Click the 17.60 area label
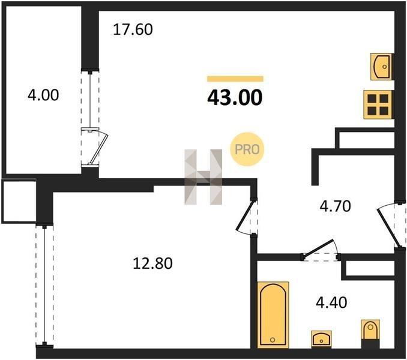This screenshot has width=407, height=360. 133,29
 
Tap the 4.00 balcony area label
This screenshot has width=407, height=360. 43,95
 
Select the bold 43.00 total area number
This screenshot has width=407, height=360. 235,98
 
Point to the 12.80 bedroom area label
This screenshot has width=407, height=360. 152,263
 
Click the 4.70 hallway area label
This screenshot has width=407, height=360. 336,206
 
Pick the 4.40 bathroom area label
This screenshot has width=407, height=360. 331,302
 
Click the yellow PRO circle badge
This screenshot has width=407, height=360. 247,149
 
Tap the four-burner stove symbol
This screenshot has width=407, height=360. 378,104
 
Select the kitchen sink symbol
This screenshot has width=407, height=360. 381,67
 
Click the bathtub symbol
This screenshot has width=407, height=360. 273,314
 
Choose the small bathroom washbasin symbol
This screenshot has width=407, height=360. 321,339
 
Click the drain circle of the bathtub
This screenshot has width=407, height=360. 273,340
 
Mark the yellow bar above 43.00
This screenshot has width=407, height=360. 235,79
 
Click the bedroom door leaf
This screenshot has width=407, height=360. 245,215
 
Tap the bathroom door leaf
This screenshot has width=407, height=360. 318,248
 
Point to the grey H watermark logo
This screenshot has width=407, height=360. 203,177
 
